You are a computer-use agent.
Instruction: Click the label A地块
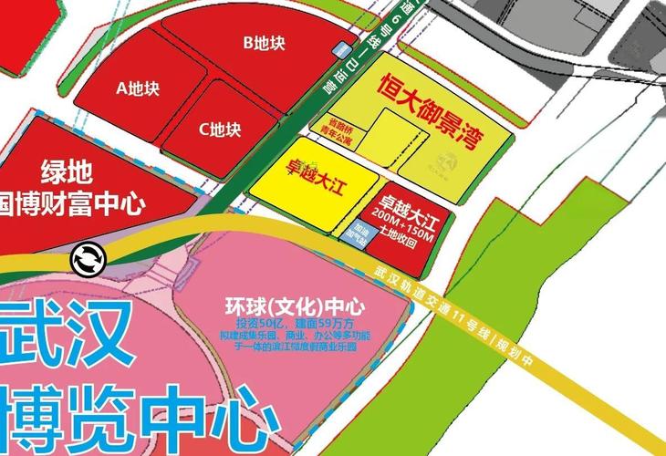138,88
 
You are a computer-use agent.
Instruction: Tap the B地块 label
264,42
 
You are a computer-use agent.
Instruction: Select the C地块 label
219,130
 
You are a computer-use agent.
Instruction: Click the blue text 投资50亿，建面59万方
288,324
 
